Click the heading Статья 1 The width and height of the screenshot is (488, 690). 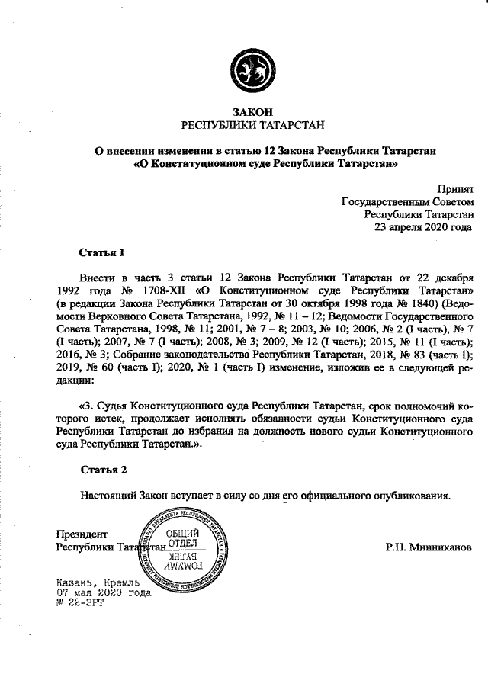click(x=101, y=252)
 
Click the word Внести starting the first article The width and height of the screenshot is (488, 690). click(x=98, y=278)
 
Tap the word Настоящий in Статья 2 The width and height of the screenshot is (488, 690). click(x=108, y=494)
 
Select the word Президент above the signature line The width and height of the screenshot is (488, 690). click(x=82, y=534)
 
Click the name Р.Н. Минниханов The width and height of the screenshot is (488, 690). click(x=429, y=547)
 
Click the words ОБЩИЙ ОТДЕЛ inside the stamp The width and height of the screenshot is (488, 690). click(x=183, y=538)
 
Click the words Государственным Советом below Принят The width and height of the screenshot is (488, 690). click(x=408, y=201)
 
